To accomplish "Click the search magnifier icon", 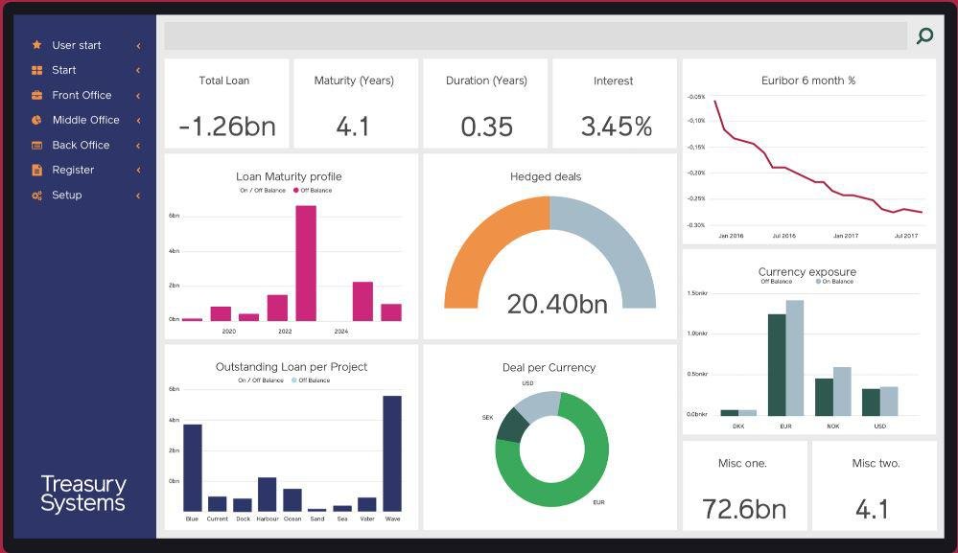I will (x=924, y=36).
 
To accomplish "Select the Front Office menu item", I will (x=82, y=95).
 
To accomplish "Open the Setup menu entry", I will (x=66, y=195).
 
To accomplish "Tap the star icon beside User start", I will (x=36, y=45).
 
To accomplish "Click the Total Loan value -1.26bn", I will (x=225, y=127).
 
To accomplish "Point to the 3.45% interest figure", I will (x=616, y=127).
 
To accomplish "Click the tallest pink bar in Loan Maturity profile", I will (x=306, y=263).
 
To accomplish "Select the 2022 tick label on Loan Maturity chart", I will (x=285, y=332).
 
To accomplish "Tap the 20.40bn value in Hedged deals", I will (x=557, y=304).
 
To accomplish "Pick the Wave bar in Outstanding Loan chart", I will (x=392, y=452).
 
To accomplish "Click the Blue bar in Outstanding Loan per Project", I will (x=193, y=467).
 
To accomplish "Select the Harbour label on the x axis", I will (x=268, y=519).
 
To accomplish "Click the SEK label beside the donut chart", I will (x=487, y=418).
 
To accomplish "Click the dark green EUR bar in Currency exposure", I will (x=777, y=364).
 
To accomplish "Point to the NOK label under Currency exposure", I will (x=832, y=426).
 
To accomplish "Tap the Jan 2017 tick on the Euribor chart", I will (x=845, y=236).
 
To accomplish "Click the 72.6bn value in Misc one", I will (x=743, y=509).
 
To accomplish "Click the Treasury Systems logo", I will (x=83, y=494).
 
